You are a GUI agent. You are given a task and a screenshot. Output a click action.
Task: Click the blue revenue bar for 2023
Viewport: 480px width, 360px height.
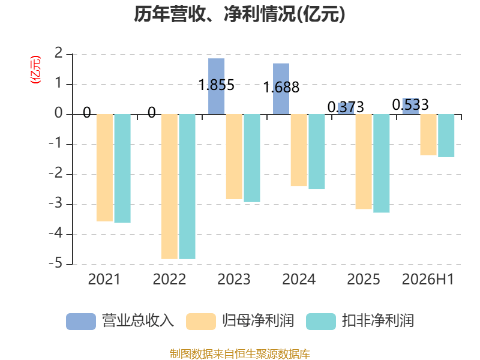click(x=216, y=86)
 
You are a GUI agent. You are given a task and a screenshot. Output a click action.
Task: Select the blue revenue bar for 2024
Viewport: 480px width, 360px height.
click(x=281, y=89)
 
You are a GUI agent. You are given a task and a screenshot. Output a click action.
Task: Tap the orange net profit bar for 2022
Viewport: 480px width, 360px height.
click(x=169, y=187)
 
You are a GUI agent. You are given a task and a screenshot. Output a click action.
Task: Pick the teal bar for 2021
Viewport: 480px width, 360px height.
click(x=122, y=169)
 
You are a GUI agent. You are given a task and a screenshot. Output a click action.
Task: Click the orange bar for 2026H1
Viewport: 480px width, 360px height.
click(x=428, y=134)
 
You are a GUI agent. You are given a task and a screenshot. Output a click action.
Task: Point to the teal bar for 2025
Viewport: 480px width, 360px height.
click(x=382, y=163)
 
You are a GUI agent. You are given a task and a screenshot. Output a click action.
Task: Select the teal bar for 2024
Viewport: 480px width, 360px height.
click(x=317, y=152)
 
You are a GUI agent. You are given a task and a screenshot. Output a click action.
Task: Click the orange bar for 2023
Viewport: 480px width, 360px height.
click(x=234, y=157)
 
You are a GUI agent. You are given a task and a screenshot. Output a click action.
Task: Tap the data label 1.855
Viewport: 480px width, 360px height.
click(x=217, y=85)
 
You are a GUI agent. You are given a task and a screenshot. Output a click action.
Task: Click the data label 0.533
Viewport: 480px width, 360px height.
click(x=410, y=105)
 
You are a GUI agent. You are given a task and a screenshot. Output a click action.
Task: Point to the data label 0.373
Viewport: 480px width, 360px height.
click(x=346, y=107)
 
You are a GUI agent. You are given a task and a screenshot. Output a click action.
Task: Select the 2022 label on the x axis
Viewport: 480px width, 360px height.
click(x=169, y=279)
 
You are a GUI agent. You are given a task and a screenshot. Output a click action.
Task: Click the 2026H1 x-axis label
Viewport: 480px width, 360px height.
click(x=428, y=279)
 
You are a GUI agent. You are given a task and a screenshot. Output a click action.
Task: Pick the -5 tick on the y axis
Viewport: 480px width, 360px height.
click(x=56, y=263)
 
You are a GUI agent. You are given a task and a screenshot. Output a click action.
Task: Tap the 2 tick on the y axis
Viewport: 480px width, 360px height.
click(x=58, y=53)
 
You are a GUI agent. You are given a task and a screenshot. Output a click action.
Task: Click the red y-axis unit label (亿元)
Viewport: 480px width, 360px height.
click(x=35, y=70)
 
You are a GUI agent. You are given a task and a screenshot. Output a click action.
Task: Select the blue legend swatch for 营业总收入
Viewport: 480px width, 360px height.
click(x=81, y=322)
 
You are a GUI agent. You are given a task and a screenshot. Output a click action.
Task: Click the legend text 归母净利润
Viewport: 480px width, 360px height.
click(x=258, y=321)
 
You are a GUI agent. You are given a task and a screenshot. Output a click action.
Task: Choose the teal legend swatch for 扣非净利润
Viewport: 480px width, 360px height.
click(x=321, y=322)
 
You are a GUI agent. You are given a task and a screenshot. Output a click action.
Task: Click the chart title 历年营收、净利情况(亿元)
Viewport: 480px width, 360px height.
click(x=239, y=14)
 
